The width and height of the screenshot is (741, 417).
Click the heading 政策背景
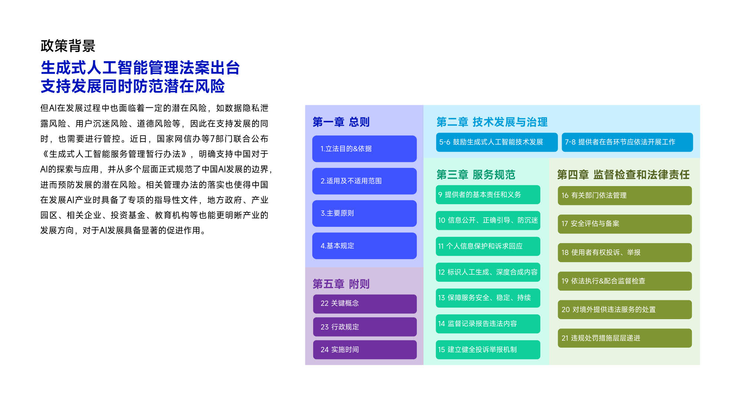click(x=68, y=46)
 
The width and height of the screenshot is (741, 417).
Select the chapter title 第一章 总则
click(x=341, y=122)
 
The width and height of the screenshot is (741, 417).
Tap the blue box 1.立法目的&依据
click(x=364, y=149)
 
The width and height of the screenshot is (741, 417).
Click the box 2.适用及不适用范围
click(x=364, y=181)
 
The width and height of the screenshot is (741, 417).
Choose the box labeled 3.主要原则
click(x=364, y=213)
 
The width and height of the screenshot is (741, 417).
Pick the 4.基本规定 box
click(x=364, y=246)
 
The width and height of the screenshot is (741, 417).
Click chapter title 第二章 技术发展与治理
click(x=492, y=122)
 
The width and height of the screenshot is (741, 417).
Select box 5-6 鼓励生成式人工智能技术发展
click(x=497, y=142)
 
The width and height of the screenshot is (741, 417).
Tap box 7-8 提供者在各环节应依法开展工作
click(x=627, y=142)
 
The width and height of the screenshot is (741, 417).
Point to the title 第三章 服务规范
click(x=476, y=175)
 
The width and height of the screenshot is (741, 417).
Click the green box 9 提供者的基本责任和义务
click(x=488, y=195)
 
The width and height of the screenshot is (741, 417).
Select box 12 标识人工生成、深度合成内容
click(x=488, y=272)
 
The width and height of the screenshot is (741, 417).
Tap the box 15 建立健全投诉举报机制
click(x=488, y=350)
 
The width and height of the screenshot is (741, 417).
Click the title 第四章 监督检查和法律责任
click(x=623, y=175)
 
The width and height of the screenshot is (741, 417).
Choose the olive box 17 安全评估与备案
click(x=625, y=224)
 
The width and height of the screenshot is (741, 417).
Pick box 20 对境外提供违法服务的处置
click(x=625, y=310)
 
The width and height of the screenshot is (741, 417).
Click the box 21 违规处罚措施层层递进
click(x=625, y=338)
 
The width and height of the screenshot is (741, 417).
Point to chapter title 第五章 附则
click(x=341, y=284)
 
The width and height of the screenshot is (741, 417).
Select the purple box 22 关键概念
click(x=365, y=304)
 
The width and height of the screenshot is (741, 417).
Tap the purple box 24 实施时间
click(x=365, y=350)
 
